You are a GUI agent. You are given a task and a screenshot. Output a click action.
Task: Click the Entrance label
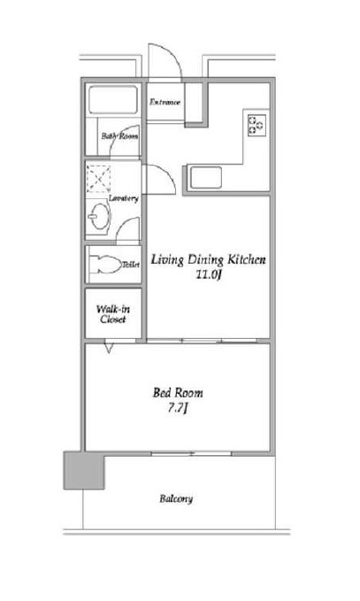[x=165, y=103]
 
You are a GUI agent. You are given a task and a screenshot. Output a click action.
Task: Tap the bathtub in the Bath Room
[x=113, y=100]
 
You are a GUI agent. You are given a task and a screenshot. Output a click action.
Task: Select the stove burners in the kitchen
[x=256, y=125]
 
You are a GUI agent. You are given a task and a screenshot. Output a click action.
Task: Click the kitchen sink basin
[x=206, y=178]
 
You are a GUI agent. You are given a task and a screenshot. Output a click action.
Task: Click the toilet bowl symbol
[x=104, y=264]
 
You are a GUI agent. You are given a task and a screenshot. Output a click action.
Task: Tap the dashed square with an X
[x=98, y=179]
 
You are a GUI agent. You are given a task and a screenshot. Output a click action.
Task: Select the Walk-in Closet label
[x=113, y=314]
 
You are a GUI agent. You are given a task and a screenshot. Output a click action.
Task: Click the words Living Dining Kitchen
[x=208, y=259]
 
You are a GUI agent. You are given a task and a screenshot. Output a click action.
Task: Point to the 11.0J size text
[x=209, y=274]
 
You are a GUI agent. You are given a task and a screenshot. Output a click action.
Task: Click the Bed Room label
[x=178, y=392]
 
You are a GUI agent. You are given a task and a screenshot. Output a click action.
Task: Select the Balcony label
[x=176, y=499]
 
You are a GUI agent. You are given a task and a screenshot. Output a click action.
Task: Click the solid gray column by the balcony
[x=84, y=470]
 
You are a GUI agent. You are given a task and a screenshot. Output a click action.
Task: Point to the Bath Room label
[x=120, y=136]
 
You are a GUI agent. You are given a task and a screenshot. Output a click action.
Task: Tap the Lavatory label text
[x=123, y=198]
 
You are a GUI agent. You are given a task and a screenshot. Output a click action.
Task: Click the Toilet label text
[x=131, y=265]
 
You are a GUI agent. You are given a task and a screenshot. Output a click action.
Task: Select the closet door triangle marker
[x=109, y=348]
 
